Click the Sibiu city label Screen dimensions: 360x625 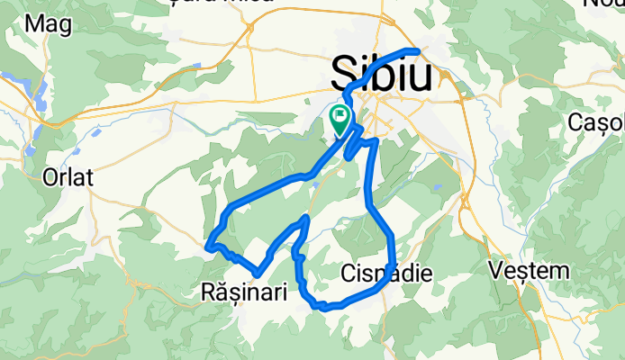[382, 71]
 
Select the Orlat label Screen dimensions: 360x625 [68, 177]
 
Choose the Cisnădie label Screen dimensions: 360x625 [388, 272]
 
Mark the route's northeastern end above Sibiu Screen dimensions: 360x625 [418, 50]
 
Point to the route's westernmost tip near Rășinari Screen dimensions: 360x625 [208, 245]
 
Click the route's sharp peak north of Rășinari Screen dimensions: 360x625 [307, 218]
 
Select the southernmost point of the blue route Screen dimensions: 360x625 [320, 307]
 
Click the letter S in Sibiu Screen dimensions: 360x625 [344, 71]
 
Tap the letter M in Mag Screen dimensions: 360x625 [34, 25]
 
